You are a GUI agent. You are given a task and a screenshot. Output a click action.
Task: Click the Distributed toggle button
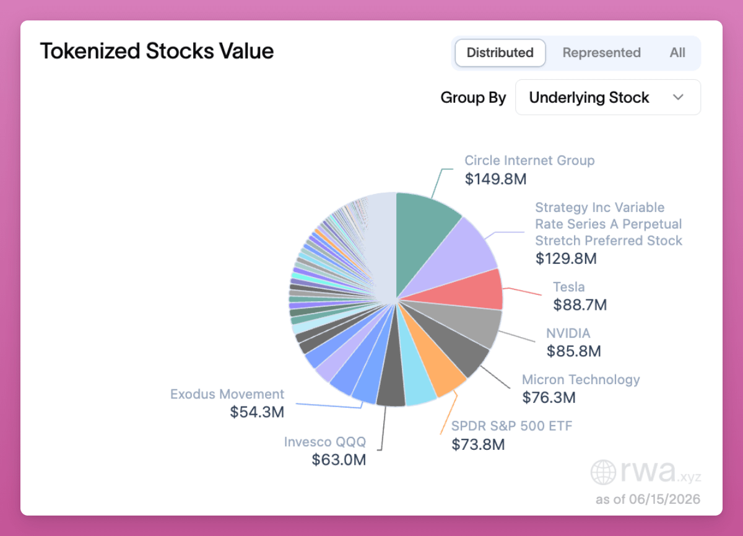pyautogui.click(x=500, y=53)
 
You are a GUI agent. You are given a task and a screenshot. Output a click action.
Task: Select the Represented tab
pyautogui.click(x=601, y=53)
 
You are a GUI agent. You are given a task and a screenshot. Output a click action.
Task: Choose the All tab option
pyautogui.click(x=677, y=53)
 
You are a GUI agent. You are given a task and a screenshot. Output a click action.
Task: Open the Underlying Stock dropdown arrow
pyautogui.click(x=678, y=97)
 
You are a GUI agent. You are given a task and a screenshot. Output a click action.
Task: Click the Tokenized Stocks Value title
pyautogui.click(x=157, y=51)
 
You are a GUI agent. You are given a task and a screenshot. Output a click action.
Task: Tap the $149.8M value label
pyautogui.click(x=495, y=179)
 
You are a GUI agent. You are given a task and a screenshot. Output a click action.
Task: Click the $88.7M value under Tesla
pyautogui.click(x=580, y=305)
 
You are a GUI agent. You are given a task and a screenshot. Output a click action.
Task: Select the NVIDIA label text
pyautogui.click(x=568, y=333)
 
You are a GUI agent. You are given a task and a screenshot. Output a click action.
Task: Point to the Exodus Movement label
pyautogui.click(x=227, y=394)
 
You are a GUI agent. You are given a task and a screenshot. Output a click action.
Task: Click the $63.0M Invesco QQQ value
pyautogui.click(x=339, y=460)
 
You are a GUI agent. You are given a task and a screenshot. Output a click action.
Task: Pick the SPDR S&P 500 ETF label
pyautogui.click(x=512, y=426)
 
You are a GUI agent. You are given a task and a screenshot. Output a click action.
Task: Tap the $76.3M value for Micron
pyautogui.click(x=549, y=397)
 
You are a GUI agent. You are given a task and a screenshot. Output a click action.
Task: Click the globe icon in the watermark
pyautogui.click(x=603, y=472)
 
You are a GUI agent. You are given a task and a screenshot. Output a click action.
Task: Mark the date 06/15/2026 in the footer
pyautogui.click(x=664, y=499)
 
